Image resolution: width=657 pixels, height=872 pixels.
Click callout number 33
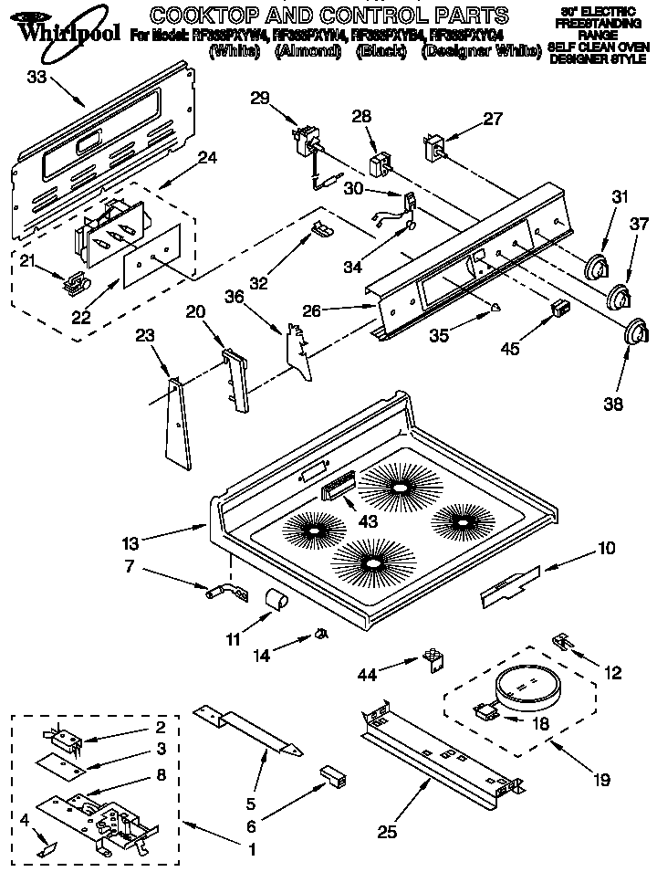tap(36, 78)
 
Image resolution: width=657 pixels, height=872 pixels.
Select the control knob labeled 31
tap(596, 265)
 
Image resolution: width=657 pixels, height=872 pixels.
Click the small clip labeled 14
tap(321, 633)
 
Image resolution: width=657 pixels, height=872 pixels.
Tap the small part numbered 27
tap(434, 148)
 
